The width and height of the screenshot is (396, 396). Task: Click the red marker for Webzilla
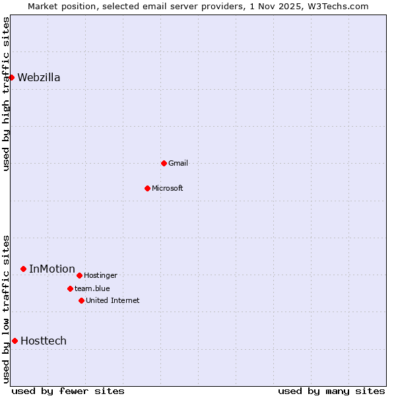[11, 77]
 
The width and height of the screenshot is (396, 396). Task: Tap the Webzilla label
[39, 78]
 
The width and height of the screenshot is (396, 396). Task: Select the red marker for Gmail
[164, 163]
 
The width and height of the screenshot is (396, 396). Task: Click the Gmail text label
[178, 163]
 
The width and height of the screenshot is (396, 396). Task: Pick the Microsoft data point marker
[147, 188]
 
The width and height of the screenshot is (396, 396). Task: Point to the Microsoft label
[168, 188]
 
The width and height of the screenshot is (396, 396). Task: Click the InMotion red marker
[23, 269]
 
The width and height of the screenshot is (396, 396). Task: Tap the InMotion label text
[52, 269]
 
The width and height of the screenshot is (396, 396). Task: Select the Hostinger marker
[79, 275]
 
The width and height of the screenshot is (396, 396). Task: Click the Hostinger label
[100, 275]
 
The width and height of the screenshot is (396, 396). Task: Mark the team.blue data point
[70, 288]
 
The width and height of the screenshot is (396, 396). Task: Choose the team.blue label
[92, 288]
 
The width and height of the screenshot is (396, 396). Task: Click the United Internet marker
[81, 300]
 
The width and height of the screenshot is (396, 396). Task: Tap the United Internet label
[113, 300]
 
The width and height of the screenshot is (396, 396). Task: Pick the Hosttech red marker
[15, 341]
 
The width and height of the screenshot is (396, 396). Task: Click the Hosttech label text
[44, 341]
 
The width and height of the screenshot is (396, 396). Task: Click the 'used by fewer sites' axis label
[68, 391]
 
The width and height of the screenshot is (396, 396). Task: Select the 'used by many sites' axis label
[331, 391]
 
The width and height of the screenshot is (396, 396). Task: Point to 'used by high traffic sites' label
[6, 94]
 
